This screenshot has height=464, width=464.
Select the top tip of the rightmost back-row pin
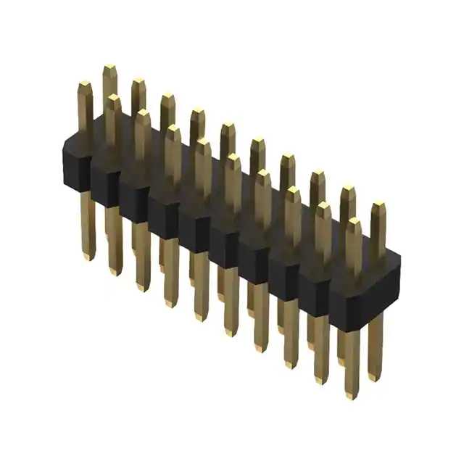coord(378,207)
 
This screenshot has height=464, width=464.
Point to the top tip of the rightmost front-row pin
coord(353,222)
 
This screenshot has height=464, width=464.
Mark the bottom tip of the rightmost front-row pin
coord(352,395)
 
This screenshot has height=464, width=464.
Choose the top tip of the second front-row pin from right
coord(323,206)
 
